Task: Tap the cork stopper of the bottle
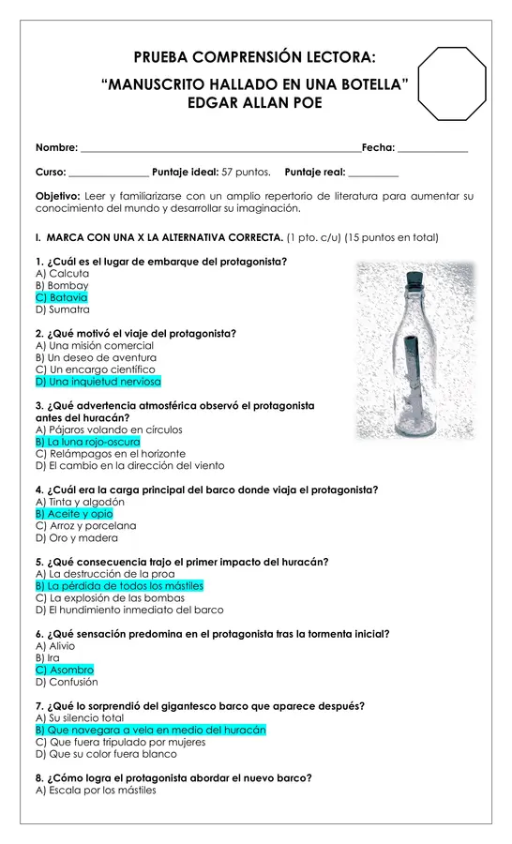[414, 279]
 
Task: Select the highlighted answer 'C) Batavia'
[61, 297]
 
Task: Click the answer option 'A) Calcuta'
[63, 274]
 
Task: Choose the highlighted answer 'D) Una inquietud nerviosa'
[98, 382]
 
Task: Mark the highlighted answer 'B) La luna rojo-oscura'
[88, 442]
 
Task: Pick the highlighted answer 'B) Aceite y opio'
[74, 514]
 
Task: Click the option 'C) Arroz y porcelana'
[86, 526]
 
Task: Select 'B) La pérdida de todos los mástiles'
[119, 586]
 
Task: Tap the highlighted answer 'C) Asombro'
[65, 671]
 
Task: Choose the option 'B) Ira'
[48, 657]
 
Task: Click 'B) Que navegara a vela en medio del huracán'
[151, 731]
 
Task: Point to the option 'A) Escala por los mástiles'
[96, 791]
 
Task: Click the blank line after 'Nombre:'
[220, 152]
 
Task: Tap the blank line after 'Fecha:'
[433, 152]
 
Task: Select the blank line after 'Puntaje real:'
[373, 176]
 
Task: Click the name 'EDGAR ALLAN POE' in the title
[255, 103]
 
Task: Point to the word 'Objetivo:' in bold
[58, 197]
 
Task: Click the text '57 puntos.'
[246, 173]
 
